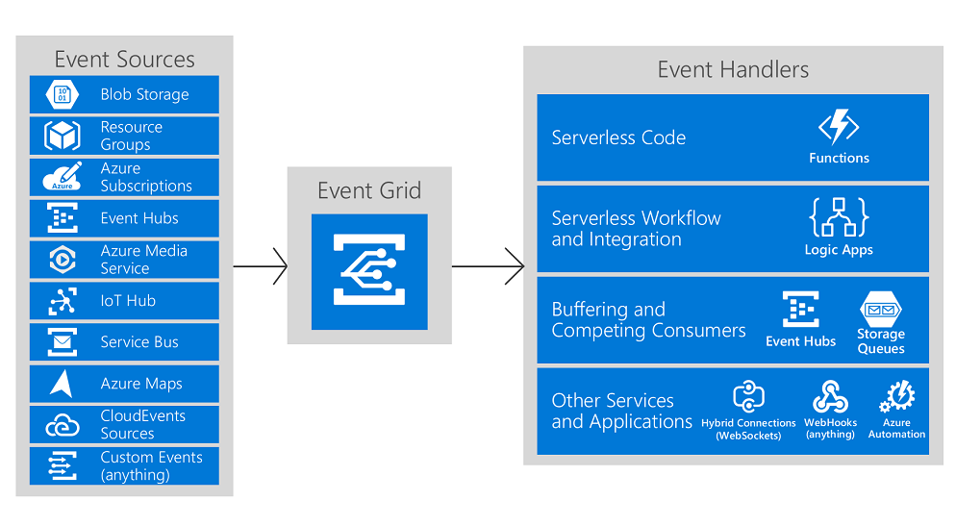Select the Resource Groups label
(131, 136)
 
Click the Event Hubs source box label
(139, 218)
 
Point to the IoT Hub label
(128, 301)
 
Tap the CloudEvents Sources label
(142, 424)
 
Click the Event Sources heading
(124, 59)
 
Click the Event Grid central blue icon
(369, 271)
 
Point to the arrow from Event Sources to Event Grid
(260, 266)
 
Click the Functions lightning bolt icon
(839, 128)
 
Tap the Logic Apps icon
(839, 218)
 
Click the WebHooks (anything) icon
(829, 397)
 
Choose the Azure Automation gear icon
(897, 396)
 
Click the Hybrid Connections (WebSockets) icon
(748, 397)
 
